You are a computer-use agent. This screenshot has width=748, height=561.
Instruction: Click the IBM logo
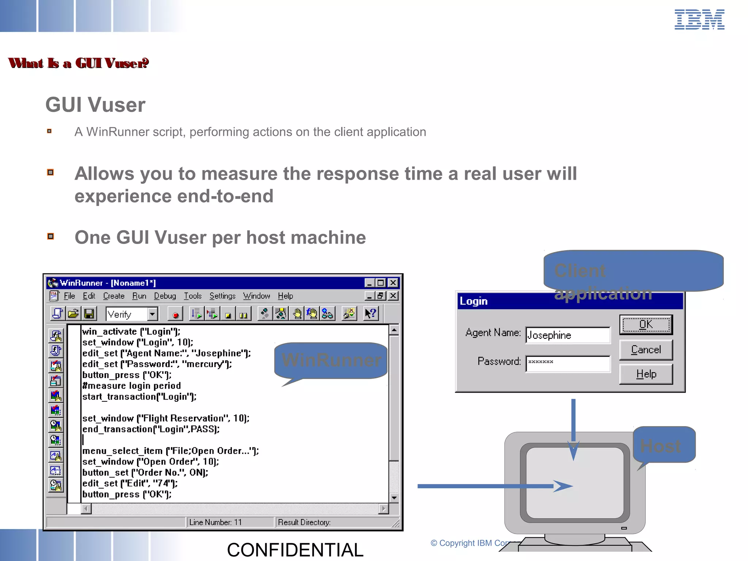pyautogui.click(x=699, y=19)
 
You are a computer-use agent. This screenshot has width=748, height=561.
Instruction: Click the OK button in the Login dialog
pyautogui.click(x=646, y=324)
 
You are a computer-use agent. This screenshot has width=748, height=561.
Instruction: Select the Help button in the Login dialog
pyautogui.click(x=646, y=374)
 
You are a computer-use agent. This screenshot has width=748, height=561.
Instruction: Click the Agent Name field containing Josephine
pyautogui.click(x=567, y=335)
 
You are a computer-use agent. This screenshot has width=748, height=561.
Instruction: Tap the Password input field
pyautogui.click(x=567, y=364)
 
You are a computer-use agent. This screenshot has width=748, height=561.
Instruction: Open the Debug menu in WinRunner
pyautogui.click(x=165, y=296)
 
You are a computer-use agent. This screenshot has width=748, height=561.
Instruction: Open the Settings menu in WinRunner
pyautogui.click(x=222, y=296)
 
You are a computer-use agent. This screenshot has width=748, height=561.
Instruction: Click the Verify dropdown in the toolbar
pyautogui.click(x=131, y=314)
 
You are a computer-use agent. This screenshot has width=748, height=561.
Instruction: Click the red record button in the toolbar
pyautogui.click(x=176, y=314)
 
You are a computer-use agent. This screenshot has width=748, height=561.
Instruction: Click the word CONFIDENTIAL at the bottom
pyautogui.click(x=295, y=550)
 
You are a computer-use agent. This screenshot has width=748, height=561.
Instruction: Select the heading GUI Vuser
pyautogui.click(x=95, y=105)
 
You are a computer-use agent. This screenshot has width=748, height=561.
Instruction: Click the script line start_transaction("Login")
pyautogui.click(x=139, y=397)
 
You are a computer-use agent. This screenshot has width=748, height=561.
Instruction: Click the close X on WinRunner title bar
pyautogui.click(x=393, y=283)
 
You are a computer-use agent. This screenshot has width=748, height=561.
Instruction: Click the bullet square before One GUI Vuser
pyautogui.click(x=51, y=236)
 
